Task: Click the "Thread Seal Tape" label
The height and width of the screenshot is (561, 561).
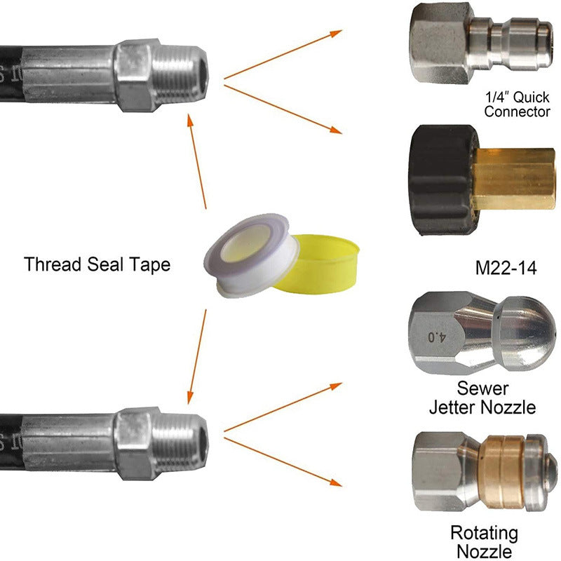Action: (x=97, y=264)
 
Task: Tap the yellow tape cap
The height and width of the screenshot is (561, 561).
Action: (x=318, y=264)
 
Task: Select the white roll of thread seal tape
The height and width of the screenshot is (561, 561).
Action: (x=252, y=255)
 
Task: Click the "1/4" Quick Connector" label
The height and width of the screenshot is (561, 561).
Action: (x=517, y=104)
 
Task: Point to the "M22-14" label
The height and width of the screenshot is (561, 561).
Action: (x=506, y=268)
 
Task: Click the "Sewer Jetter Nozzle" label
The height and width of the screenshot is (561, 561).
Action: (x=482, y=398)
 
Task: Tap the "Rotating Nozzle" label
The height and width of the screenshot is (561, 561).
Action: (x=484, y=541)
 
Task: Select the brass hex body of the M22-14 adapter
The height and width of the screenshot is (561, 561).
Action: (x=514, y=179)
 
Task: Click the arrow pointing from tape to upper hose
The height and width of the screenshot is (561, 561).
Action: (x=197, y=161)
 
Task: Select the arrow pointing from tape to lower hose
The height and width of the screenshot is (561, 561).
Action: (x=197, y=357)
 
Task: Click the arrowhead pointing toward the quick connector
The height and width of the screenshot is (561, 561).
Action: (x=336, y=33)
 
